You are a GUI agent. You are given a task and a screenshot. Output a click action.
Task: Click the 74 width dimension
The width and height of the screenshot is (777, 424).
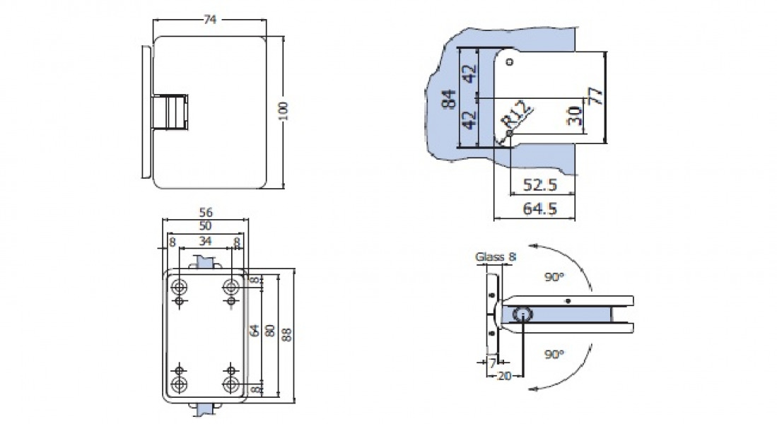coord(210,20)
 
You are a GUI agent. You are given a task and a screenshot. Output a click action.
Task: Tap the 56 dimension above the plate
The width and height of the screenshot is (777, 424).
coord(206,211)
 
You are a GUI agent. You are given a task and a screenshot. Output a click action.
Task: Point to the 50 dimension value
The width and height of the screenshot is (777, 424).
coord(206,225)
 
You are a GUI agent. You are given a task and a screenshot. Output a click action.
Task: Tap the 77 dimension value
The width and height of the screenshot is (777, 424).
coord(596,95)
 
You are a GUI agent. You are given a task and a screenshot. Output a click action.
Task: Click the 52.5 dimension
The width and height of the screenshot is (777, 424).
coord(541,185)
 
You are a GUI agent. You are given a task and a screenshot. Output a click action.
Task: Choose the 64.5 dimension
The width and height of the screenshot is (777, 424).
coord(541,208)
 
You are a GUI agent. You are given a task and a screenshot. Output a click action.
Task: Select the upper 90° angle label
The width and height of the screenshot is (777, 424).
coord(556,276)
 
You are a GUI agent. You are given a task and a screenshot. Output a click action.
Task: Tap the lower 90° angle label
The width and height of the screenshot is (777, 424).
coord(554,353)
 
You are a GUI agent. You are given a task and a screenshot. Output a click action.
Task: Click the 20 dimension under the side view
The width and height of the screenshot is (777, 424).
coord(503,376)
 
